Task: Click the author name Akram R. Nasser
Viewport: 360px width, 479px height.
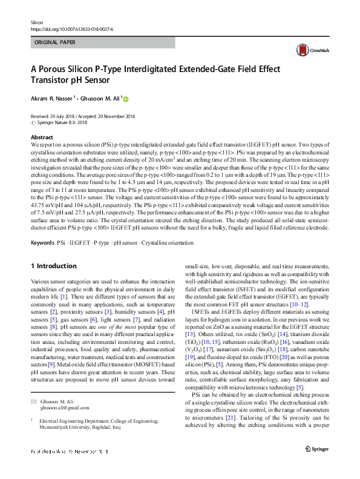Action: [x=51, y=97]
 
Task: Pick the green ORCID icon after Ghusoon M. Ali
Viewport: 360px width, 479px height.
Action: [x=126, y=98]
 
